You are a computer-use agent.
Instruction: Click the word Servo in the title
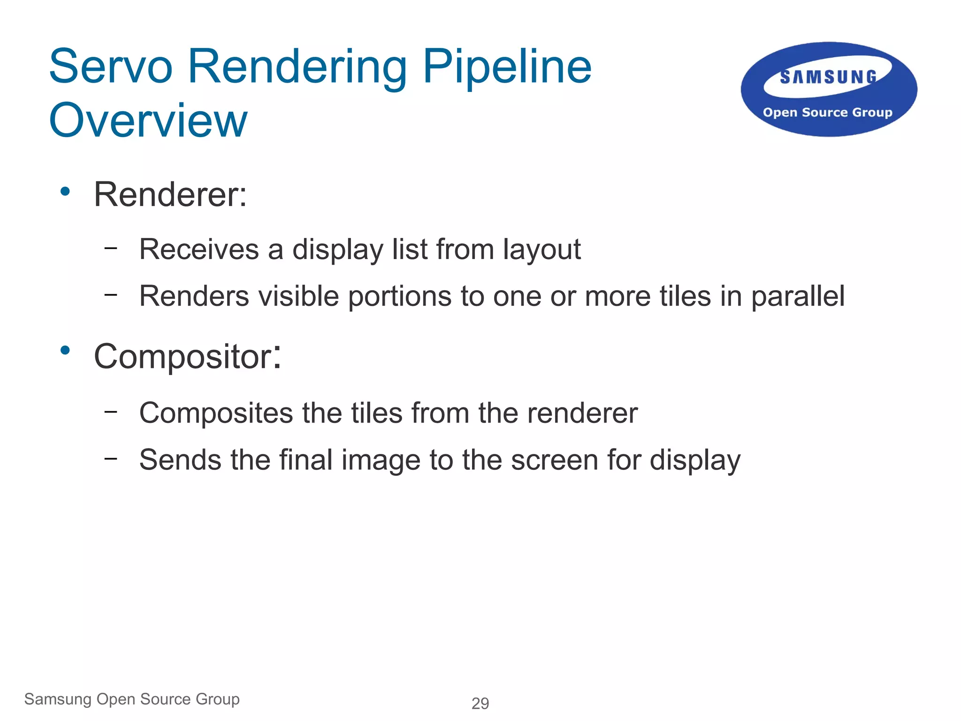(111, 67)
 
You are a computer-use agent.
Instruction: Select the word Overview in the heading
(148, 121)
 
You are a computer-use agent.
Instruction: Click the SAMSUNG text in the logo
(828, 77)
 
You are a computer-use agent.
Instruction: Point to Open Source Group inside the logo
(828, 113)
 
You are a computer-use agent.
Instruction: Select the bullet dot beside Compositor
(65, 350)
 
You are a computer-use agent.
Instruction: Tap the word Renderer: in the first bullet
(170, 194)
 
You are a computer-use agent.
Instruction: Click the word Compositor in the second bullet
(183, 357)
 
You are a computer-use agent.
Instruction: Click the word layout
(542, 250)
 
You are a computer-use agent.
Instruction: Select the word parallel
(798, 297)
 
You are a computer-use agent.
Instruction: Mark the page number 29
(480, 703)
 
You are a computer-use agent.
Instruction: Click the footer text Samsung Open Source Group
(132, 699)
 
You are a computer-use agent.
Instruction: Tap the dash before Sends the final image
(111, 458)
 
